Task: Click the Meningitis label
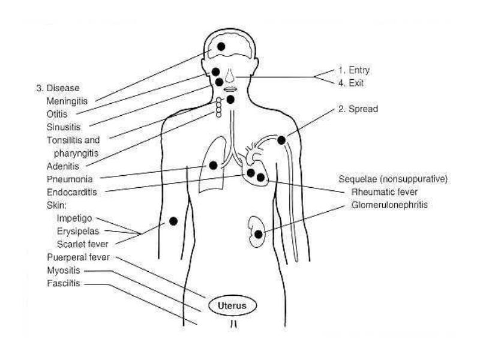point(67,101)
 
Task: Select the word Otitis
point(57,114)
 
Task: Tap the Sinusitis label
point(64,127)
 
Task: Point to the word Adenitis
point(63,166)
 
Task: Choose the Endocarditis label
point(71,192)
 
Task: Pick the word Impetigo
point(74,218)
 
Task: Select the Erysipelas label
point(78,231)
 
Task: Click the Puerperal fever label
point(78,257)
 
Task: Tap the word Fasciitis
point(64,283)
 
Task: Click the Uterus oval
point(232,305)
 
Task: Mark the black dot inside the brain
point(221,47)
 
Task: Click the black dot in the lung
point(213,166)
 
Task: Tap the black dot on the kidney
point(259,235)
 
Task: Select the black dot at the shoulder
point(281,140)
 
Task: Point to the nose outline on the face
point(230,76)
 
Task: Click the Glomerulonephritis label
point(389,205)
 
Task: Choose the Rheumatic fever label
point(384,192)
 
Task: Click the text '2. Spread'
point(358,109)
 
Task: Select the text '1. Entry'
point(354,70)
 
